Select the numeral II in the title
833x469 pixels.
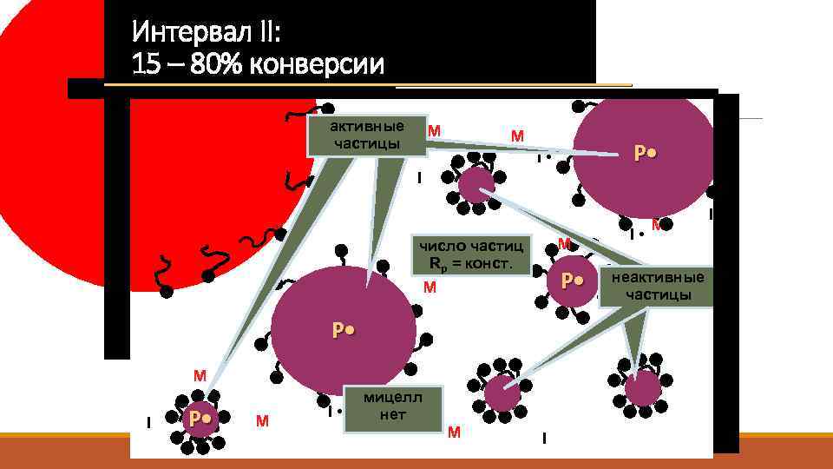(x=266, y=34)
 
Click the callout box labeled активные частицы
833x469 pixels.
(x=367, y=135)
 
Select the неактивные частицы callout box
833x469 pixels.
(x=660, y=286)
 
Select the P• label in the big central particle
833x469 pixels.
(x=343, y=330)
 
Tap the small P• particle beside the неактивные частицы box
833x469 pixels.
(x=571, y=281)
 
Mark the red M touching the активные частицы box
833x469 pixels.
(x=435, y=131)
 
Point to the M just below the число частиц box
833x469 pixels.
(x=430, y=287)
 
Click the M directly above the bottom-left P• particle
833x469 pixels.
(x=200, y=376)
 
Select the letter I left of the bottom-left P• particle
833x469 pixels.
(x=149, y=423)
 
